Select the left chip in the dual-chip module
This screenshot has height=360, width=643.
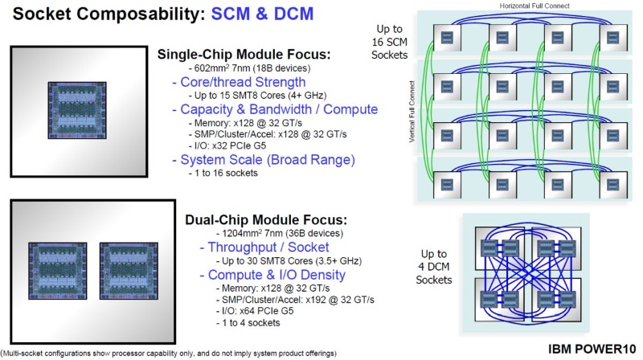58,272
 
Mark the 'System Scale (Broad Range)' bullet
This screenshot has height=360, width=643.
263,159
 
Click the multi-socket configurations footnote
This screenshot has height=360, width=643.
168,353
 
